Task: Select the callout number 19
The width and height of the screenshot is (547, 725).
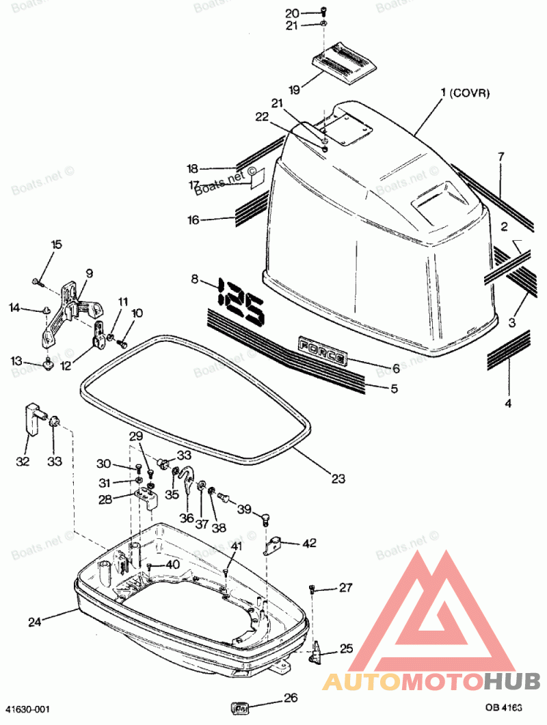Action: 294,90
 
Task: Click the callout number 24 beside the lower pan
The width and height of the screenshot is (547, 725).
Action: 34,622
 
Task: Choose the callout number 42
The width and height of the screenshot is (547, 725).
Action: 310,543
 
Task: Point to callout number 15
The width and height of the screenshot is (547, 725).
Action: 56,244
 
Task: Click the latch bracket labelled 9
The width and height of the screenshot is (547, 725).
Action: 68,308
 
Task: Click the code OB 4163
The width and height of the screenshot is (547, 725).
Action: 504,709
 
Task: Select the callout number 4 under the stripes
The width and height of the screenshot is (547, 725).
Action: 507,404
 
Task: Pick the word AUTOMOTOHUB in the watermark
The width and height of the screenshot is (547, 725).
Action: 431,681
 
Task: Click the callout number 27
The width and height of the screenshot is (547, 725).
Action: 345,588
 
